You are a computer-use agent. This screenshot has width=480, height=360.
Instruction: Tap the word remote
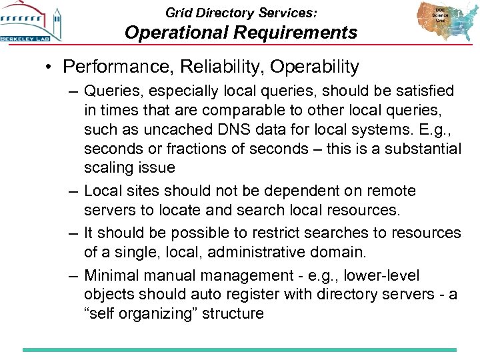pos(392,191)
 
